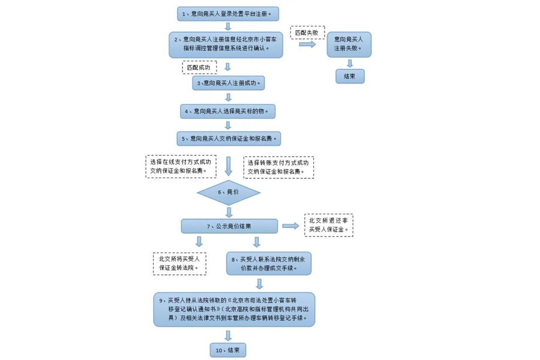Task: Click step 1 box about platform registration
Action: point(228,13)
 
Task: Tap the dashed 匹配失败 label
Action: point(307,31)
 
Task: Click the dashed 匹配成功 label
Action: point(199,67)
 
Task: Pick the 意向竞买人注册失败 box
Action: point(349,44)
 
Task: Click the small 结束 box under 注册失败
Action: point(349,77)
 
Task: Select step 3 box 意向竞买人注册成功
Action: point(228,83)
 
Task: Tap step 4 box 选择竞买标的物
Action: point(228,111)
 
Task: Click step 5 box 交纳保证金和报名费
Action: point(228,139)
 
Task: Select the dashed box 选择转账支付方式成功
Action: point(279,167)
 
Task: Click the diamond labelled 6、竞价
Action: point(228,193)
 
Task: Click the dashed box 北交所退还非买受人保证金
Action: point(329,224)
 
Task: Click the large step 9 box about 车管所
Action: point(234,309)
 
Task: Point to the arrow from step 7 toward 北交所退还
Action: point(291,226)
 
